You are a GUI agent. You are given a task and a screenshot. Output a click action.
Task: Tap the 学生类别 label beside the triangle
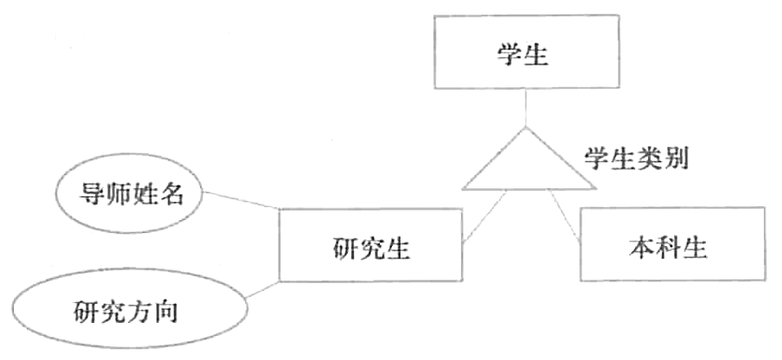click(635, 160)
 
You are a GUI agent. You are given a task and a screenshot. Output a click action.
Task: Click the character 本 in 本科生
click(640, 248)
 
